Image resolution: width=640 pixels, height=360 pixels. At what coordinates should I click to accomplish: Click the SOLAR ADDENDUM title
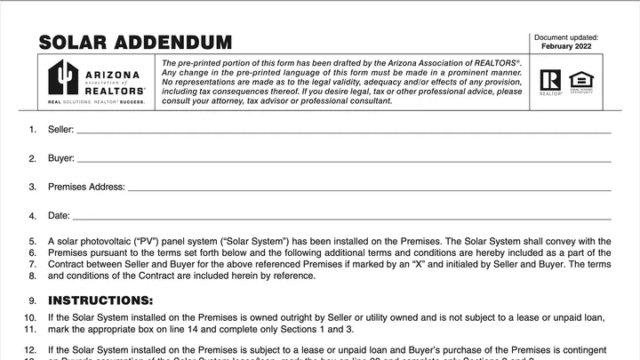coord(135,42)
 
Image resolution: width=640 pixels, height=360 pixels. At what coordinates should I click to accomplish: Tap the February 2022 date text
coord(565,46)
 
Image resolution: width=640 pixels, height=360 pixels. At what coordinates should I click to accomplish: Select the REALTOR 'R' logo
coord(550,80)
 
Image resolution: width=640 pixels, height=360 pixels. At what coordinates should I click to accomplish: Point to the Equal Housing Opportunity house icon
coord(580,80)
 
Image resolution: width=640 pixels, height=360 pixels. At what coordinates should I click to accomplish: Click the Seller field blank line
coord(343,131)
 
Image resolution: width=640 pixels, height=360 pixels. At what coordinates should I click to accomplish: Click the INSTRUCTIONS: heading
coord(100,300)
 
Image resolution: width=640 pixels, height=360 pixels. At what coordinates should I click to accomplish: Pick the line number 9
coord(33,301)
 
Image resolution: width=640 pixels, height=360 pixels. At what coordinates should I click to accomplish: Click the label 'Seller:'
coord(60,131)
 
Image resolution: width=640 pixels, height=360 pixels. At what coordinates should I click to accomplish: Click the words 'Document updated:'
coord(565,37)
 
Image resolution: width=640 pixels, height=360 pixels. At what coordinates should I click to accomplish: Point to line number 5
coord(33,241)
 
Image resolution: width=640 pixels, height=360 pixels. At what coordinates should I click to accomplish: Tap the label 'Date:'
coord(58,216)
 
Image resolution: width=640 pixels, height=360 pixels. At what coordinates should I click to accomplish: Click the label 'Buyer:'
coord(60,159)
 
